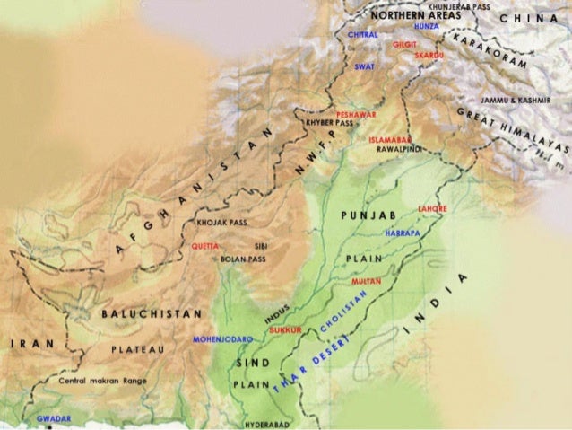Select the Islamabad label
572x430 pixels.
[389, 140]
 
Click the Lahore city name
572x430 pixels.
[432, 208]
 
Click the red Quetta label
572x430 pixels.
[204, 244]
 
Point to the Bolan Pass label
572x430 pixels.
[243, 259]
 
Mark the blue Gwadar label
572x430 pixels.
[53, 418]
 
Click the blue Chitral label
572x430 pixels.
[362, 34]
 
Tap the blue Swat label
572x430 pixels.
[365, 66]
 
